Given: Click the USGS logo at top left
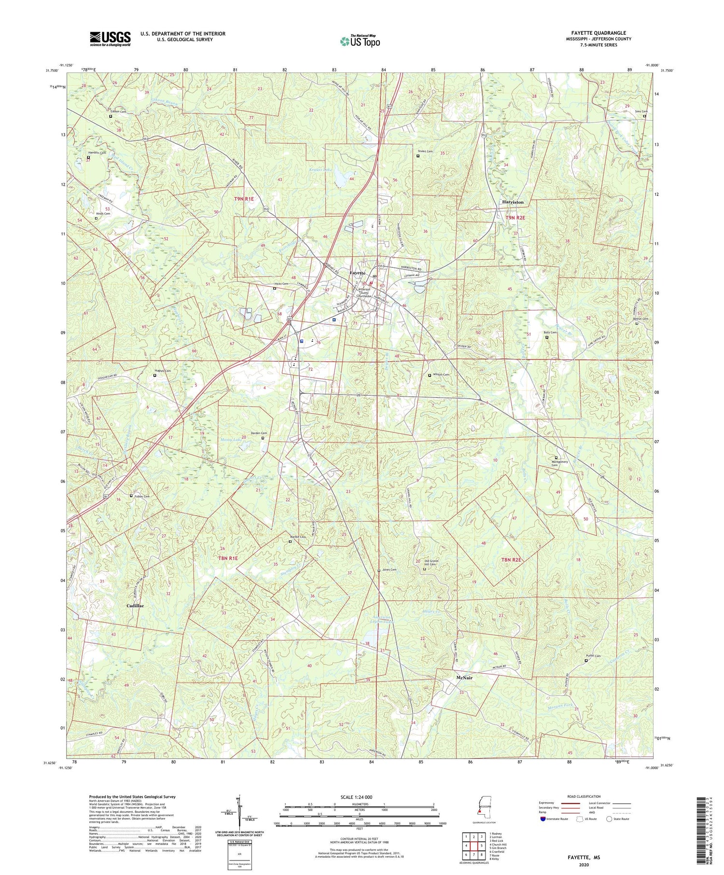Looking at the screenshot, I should pyautogui.click(x=110, y=39).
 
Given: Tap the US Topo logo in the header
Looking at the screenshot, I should pyautogui.click(x=359, y=41).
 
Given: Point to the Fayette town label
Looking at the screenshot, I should pyautogui.click(x=357, y=273).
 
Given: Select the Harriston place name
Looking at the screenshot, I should pyautogui.click(x=513, y=202).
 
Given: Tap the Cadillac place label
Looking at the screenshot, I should pyautogui.click(x=135, y=606).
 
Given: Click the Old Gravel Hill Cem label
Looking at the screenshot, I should pyautogui.click(x=433, y=563).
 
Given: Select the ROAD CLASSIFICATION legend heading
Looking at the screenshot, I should pyautogui.click(x=584, y=796).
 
